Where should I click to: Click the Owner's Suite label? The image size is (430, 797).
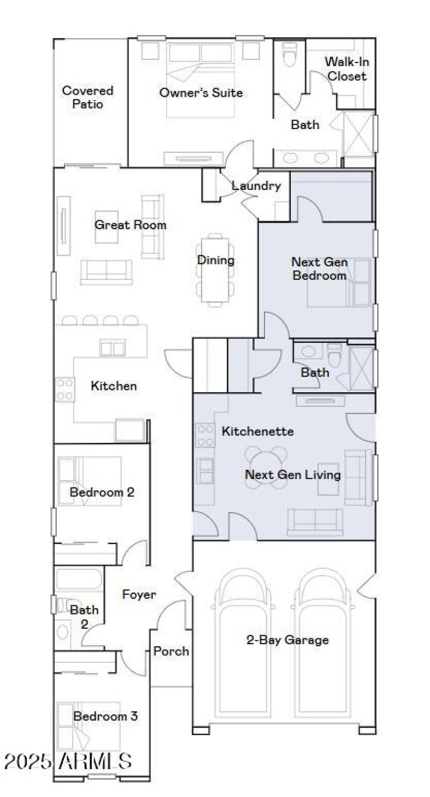point(200,93)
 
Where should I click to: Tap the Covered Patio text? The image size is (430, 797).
point(88,97)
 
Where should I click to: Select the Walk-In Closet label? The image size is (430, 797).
point(347,69)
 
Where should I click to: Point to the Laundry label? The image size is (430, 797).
point(256,186)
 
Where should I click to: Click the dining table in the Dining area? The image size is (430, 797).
point(216,269)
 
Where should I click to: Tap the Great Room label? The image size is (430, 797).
point(130,225)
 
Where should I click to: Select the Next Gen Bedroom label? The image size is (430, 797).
point(319,269)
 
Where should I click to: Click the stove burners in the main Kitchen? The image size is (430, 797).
point(65,389)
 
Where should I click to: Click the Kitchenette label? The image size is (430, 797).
point(257,431)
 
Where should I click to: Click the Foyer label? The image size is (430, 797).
point(139,595)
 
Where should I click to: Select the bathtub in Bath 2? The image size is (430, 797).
point(78,580)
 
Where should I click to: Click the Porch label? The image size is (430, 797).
point(171,651)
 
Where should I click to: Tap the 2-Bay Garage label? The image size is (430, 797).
point(287,640)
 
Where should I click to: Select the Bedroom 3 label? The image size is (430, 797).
point(105,716)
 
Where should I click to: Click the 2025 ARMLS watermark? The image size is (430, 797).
point(68,761)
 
